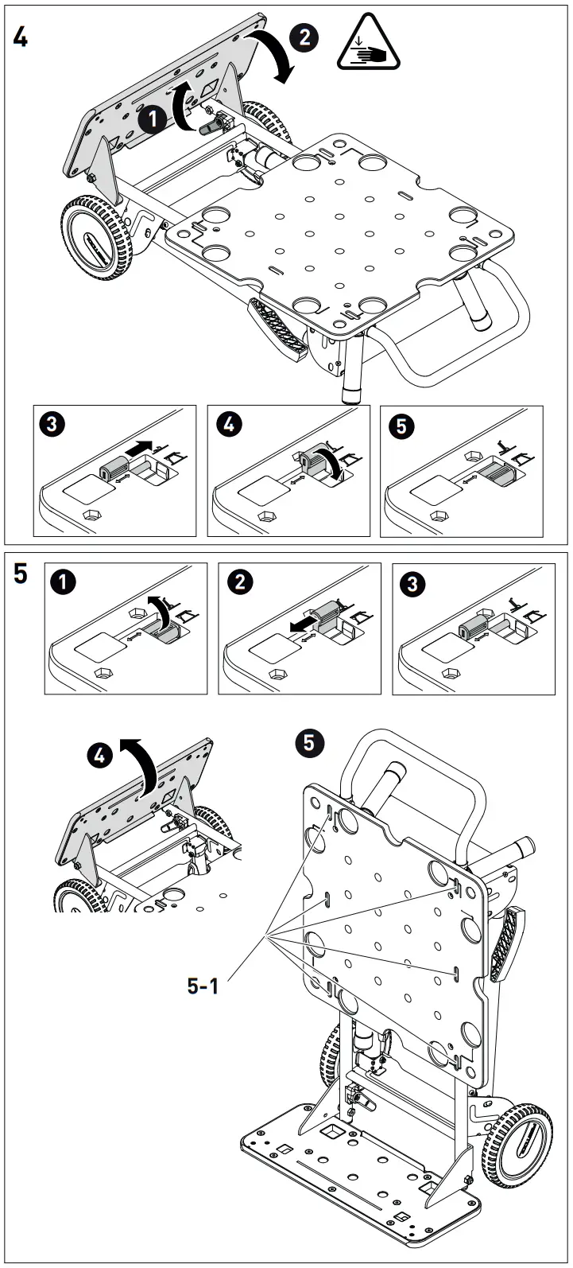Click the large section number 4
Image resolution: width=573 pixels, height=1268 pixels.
[x=20, y=37]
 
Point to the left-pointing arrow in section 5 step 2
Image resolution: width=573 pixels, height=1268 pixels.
[x=301, y=627]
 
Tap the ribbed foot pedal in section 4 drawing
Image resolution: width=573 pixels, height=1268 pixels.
[x=277, y=328]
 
